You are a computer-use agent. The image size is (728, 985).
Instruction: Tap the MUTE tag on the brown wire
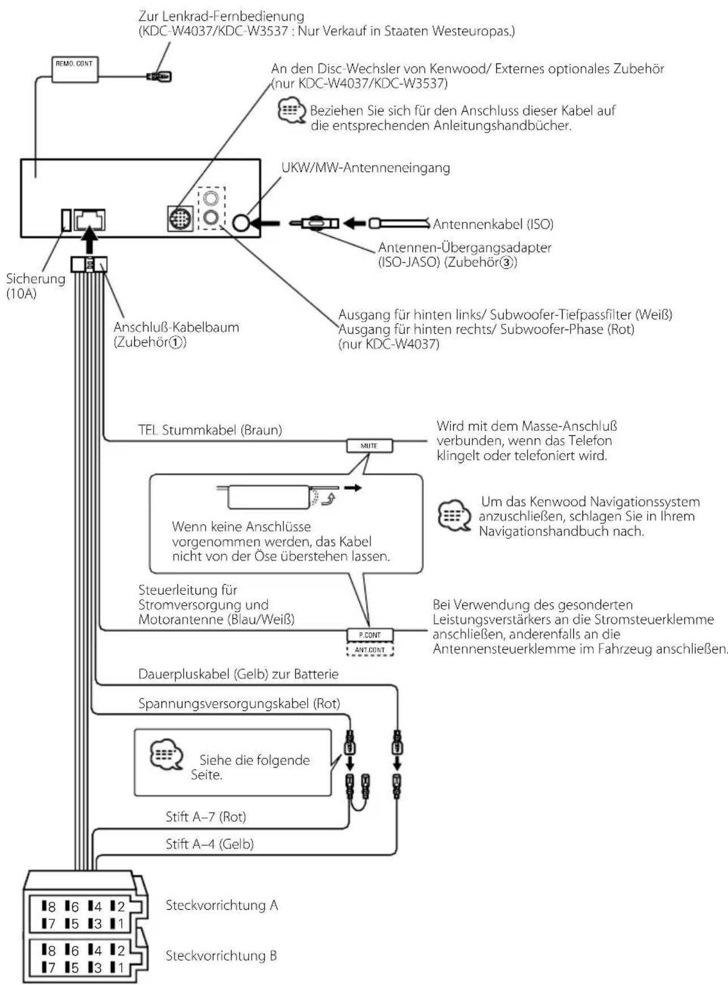tap(369, 446)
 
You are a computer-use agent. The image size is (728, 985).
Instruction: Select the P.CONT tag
tap(369, 635)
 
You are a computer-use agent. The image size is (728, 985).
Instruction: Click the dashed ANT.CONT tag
tap(369, 649)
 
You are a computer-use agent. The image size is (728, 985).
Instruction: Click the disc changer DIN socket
tap(180, 219)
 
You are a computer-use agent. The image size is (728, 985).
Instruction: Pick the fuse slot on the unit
tap(66, 220)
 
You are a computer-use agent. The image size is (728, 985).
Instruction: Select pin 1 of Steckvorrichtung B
tap(117, 968)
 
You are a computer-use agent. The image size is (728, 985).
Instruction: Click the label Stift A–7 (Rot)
tap(206, 816)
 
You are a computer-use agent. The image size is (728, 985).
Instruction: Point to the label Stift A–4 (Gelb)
tap(210, 844)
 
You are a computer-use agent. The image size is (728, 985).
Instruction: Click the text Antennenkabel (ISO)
tap(493, 224)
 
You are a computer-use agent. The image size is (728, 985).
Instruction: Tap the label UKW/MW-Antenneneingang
tap(365, 168)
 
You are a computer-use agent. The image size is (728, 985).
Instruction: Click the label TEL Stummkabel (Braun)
tap(210, 430)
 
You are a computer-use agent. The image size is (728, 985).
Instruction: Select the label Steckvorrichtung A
tap(222, 905)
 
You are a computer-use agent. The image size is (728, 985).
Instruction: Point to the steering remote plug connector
tap(159, 76)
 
